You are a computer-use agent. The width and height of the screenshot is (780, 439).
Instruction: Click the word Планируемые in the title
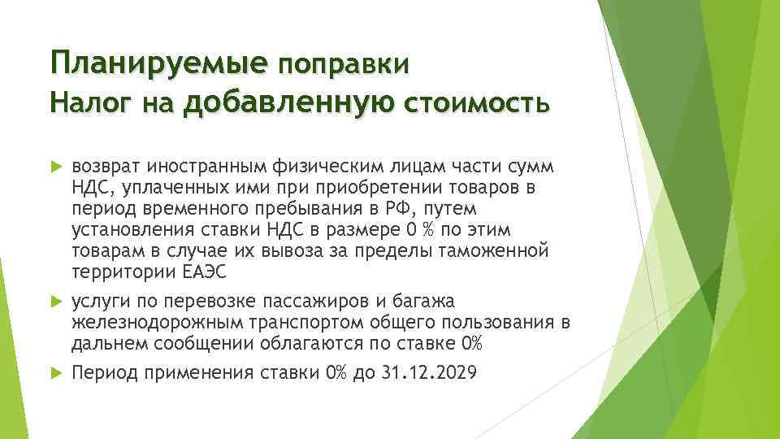158,63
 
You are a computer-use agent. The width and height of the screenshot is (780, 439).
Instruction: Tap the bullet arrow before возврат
56,167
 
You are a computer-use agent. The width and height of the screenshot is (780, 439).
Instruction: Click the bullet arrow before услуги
56,302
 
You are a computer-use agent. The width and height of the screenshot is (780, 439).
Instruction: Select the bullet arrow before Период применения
56,373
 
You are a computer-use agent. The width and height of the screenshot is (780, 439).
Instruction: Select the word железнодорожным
142,323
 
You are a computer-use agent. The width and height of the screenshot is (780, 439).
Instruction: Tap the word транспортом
271,323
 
